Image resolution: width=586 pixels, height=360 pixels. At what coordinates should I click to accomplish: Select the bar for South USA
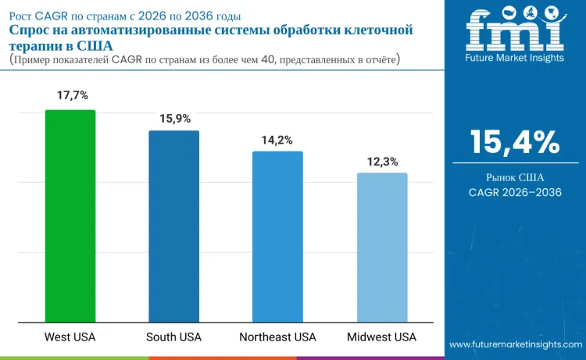click(x=174, y=226)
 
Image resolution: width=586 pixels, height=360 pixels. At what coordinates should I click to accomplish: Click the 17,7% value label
click(x=70, y=95)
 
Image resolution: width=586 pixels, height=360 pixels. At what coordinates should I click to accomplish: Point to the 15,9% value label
click(x=174, y=118)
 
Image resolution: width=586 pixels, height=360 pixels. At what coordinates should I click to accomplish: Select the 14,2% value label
click(x=277, y=140)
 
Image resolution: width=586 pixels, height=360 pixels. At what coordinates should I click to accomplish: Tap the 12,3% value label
click(x=382, y=162)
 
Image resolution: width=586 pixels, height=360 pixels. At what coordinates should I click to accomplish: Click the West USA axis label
click(x=70, y=337)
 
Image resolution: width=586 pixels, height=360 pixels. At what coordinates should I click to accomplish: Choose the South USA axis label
click(x=174, y=337)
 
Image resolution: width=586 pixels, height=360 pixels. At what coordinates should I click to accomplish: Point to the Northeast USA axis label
click(x=277, y=337)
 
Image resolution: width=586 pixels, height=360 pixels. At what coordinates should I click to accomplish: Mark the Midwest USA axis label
click(x=382, y=337)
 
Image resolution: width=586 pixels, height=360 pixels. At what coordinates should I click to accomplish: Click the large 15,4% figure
click(x=515, y=142)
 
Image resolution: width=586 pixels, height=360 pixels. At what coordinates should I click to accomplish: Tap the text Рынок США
click(x=515, y=177)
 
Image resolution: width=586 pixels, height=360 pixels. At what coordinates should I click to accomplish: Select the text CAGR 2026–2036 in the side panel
click(x=515, y=192)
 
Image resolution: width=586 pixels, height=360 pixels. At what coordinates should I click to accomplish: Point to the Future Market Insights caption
click(x=515, y=59)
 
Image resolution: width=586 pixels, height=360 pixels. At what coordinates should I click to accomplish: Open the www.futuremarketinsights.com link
click(x=515, y=344)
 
